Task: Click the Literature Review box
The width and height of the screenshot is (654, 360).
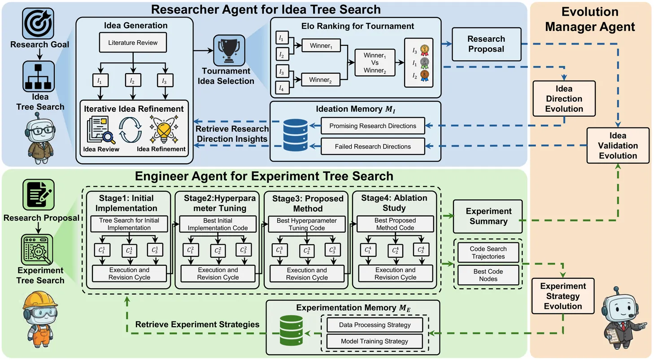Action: pyautogui.click(x=132, y=43)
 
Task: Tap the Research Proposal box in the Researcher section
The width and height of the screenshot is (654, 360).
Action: pyautogui.click(x=486, y=44)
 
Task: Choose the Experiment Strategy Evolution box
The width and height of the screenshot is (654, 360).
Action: pyautogui.click(x=562, y=296)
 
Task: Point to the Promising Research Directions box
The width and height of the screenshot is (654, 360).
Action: pyautogui.click(x=372, y=126)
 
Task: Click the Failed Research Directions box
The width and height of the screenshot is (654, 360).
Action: pyautogui.click(x=372, y=146)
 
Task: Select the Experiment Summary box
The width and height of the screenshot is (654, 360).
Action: pyautogui.click(x=488, y=216)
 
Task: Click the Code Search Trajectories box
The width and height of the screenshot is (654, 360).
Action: pyautogui.click(x=488, y=253)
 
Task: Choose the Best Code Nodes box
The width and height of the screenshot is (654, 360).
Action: pyautogui.click(x=488, y=275)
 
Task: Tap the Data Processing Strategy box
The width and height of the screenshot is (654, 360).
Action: pyautogui.click(x=374, y=325)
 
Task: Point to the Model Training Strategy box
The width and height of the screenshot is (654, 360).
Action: pyautogui.click(x=374, y=341)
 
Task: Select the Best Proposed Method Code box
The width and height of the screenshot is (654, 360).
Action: pyautogui.click(x=395, y=224)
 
